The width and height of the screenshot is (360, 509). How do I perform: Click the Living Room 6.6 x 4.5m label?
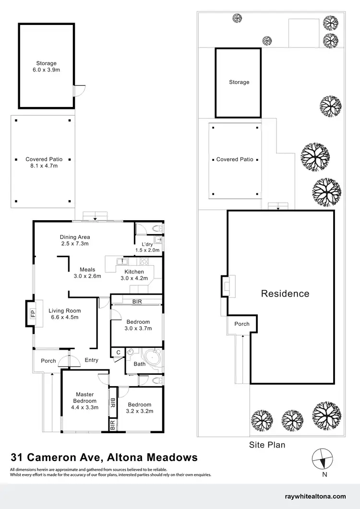coord(64,314)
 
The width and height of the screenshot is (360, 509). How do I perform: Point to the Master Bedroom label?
coord(84,401)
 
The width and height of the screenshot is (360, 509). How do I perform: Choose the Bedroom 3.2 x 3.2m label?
coord(139,408)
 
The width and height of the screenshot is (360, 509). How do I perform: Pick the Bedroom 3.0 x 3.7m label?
coord(138,325)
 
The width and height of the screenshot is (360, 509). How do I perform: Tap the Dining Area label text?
coord(75,240)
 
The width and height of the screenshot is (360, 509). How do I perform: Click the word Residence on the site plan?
coord(285,294)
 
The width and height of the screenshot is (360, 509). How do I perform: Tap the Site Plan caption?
coord(267,445)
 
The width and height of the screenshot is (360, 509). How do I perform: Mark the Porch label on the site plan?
coord(242,324)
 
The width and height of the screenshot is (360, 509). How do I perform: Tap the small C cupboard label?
coord(118,353)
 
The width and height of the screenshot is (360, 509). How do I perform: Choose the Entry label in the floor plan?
coord(91,360)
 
